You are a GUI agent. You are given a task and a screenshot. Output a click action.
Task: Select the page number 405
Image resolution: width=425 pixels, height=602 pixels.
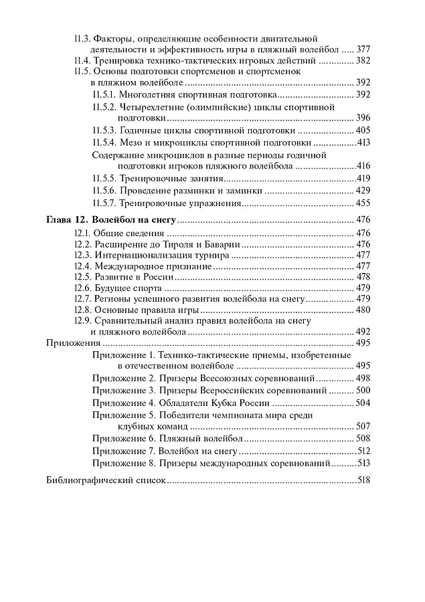[x=362, y=130]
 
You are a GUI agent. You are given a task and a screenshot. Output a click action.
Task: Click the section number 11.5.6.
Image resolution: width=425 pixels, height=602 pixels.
[x=105, y=191]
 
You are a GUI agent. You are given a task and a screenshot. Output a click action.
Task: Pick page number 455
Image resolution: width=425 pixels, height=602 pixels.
[x=362, y=203]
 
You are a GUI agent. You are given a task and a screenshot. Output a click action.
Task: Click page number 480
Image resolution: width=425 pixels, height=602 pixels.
[x=363, y=310]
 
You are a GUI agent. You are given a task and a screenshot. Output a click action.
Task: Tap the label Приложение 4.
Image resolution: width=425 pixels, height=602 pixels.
[x=124, y=403]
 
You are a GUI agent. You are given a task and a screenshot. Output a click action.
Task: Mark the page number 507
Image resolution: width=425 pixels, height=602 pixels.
[x=362, y=426]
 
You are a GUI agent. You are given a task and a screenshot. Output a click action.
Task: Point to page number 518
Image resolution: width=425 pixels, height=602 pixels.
[x=363, y=480]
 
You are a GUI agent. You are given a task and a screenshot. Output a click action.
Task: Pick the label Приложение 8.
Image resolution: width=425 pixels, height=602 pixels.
[x=124, y=462]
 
